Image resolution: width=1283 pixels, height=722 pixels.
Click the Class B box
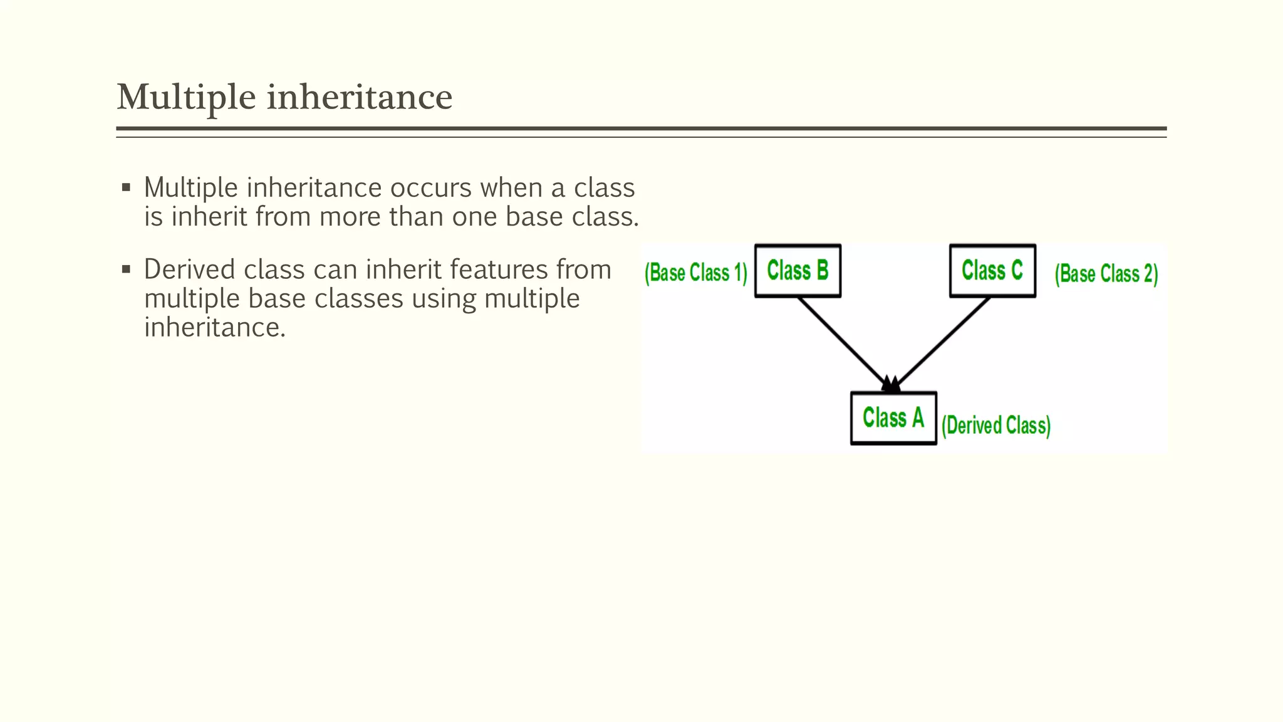(797, 271)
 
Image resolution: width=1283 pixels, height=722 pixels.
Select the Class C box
(992, 271)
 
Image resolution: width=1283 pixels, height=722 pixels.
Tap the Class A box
(893, 418)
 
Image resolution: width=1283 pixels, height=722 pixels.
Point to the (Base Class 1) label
(696, 273)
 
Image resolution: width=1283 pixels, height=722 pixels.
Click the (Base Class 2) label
(1106, 274)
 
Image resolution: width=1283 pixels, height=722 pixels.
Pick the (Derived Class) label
(996, 426)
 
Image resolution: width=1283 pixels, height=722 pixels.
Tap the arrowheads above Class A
(891, 384)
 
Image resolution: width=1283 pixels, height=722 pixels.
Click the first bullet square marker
(126, 187)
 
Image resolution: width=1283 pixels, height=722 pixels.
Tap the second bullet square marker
(126, 269)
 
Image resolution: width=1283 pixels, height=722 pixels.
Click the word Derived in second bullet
(189, 269)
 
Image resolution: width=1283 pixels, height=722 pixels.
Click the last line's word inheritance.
(214, 327)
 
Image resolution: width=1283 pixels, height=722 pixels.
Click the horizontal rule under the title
(641, 129)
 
